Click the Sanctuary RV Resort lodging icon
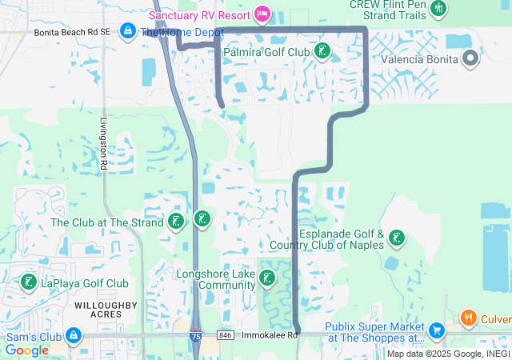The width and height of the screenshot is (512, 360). [x=262, y=14]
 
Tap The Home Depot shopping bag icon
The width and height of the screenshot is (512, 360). [x=127, y=31]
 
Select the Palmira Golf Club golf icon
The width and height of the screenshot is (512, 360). [x=322, y=52]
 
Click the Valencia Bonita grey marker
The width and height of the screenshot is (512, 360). [x=470, y=58]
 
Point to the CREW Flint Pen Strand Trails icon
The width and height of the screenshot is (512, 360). [x=438, y=9]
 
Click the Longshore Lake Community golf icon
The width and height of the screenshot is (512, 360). [x=267, y=278]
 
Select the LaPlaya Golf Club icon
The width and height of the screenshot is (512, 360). [x=29, y=282]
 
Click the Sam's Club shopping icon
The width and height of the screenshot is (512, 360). [x=74, y=335]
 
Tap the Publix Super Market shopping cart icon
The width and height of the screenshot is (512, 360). [x=436, y=330]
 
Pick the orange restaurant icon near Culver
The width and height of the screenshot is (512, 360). [x=468, y=318]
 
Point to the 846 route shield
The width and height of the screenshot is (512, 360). [x=227, y=335]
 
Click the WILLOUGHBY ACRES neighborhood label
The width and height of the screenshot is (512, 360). [x=106, y=310]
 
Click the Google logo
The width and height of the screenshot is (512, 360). [x=26, y=350]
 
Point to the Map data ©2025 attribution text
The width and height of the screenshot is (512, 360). [x=448, y=354]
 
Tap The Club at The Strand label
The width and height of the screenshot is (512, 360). [x=107, y=222]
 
